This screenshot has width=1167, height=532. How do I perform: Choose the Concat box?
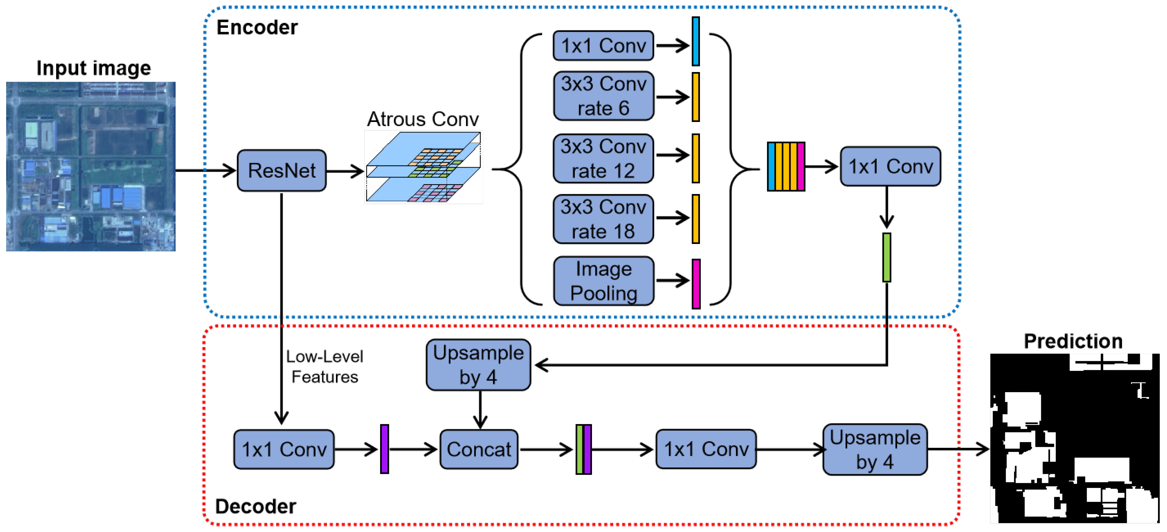[x=478, y=450]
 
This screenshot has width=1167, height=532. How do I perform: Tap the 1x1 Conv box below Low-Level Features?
[x=284, y=450]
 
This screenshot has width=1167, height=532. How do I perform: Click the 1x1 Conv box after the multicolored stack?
[x=890, y=167]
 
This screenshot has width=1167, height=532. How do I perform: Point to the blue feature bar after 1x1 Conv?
[x=696, y=42]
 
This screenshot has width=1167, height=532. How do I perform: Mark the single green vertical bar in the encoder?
[x=887, y=257]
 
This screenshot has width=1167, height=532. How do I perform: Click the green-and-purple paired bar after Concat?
[x=584, y=450]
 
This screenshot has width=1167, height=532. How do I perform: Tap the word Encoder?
[x=257, y=28]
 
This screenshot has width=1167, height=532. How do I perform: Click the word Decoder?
[x=256, y=506]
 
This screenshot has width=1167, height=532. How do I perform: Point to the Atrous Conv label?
[x=423, y=119]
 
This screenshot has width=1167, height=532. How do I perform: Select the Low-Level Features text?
[x=324, y=366]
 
